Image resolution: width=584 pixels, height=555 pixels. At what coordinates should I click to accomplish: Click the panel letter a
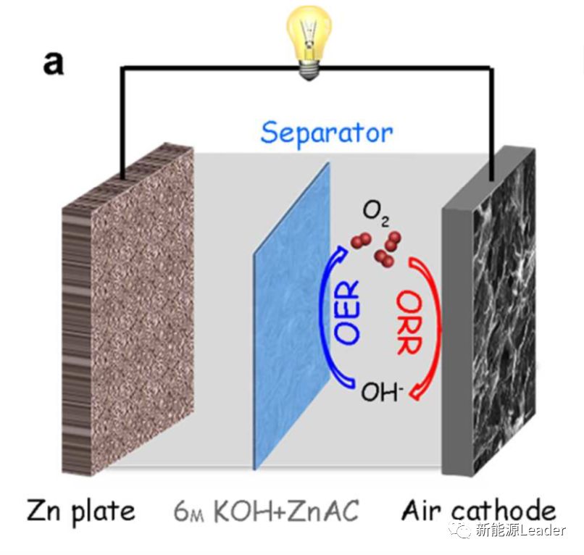53,63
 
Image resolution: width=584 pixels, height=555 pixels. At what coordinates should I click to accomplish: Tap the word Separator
327,133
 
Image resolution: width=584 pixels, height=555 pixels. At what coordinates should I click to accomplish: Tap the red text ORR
409,322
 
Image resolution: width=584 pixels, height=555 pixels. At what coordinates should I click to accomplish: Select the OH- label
383,392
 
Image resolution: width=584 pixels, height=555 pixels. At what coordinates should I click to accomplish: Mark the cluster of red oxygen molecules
377,246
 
